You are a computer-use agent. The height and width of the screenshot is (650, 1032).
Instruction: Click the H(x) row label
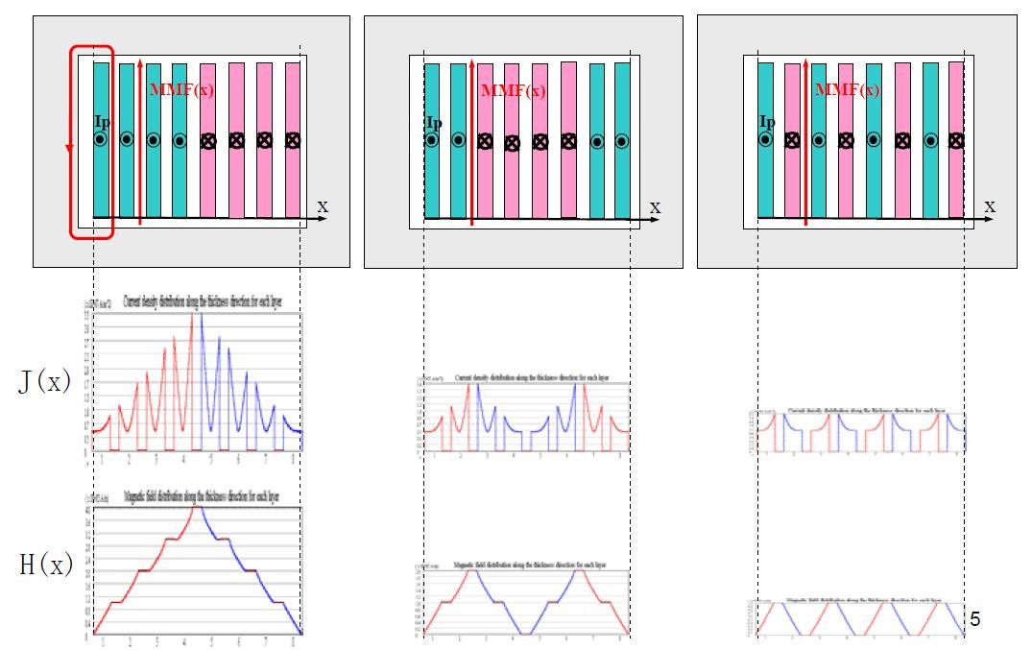(x=46, y=566)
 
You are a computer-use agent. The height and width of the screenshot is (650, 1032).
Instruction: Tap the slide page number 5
(x=975, y=619)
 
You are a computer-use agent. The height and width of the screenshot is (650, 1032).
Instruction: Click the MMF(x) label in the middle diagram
(x=514, y=91)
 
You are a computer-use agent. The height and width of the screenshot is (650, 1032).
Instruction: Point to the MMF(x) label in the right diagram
(x=848, y=90)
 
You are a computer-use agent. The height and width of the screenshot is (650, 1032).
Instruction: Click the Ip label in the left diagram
(x=104, y=122)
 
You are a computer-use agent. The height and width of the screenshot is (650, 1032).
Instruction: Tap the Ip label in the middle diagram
(x=434, y=123)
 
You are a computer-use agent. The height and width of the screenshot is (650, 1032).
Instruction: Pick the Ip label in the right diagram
(x=767, y=122)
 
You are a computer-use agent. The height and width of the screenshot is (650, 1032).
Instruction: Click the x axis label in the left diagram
(x=324, y=205)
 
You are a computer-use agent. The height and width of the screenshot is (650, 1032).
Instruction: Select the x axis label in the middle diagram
(x=655, y=206)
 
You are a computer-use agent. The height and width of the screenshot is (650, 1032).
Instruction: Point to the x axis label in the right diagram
(x=990, y=205)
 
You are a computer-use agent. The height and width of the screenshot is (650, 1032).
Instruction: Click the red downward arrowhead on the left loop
(x=69, y=149)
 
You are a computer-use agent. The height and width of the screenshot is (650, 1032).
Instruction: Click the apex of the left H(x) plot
(x=197, y=506)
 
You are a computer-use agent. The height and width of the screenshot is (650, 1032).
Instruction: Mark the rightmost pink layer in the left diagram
(x=293, y=139)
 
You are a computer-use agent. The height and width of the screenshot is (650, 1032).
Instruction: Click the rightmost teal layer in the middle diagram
(x=622, y=140)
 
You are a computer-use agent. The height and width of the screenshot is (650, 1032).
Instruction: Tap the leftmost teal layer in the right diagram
(x=766, y=139)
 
